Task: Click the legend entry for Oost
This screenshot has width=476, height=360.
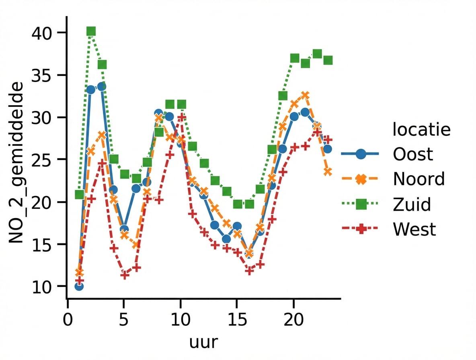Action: point(413,154)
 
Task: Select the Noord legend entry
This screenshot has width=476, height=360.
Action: point(419,179)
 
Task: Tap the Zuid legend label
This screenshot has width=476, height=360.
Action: point(412,205)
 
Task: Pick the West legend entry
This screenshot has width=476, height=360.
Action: point(414,230)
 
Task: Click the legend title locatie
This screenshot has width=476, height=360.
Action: point(421,130)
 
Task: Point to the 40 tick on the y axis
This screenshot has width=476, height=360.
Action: point(45,33)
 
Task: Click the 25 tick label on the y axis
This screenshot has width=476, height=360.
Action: point(45,160)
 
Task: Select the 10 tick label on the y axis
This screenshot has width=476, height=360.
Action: point(45,286)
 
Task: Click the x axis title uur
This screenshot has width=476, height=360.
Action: point(203,342)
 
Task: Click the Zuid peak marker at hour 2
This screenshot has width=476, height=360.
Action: point(91,31)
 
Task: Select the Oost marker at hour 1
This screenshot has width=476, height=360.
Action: point(79,286)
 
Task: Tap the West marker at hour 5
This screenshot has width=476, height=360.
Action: point(125,275)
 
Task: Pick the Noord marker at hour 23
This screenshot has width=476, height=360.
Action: point(328,172)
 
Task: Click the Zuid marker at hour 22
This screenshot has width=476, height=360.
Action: point(317,54)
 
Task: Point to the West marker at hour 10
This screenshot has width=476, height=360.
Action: point(181,117)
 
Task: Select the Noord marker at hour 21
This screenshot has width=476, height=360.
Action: point(305,95)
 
